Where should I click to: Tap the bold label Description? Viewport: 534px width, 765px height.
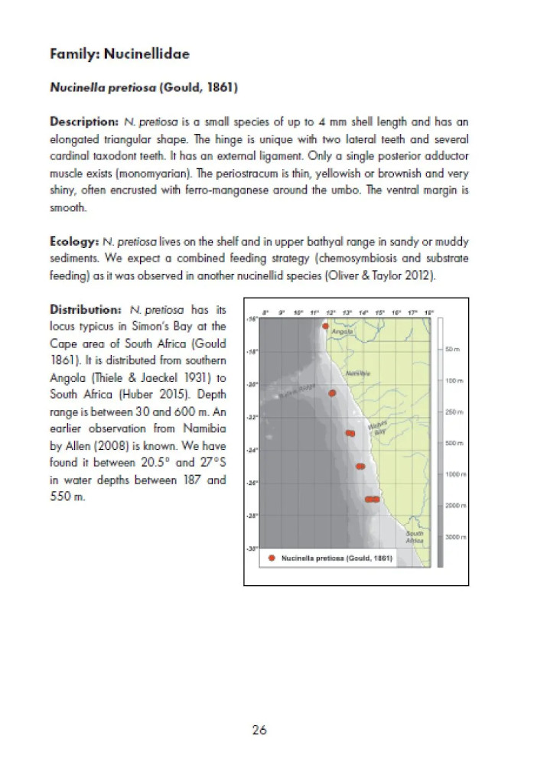(81, 122)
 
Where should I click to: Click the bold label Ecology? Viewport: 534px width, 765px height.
(70, 241)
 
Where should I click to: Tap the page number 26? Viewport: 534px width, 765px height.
(259, 730)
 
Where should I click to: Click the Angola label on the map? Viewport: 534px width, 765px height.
(342, 332)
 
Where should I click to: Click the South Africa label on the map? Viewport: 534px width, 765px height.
(415, 536)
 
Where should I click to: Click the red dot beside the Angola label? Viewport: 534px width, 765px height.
(326, 326)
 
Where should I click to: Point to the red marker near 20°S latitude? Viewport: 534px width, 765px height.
(332, 393)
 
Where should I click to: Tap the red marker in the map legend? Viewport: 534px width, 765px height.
(272, 558)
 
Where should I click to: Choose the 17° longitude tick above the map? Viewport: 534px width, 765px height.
(412, 313)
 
